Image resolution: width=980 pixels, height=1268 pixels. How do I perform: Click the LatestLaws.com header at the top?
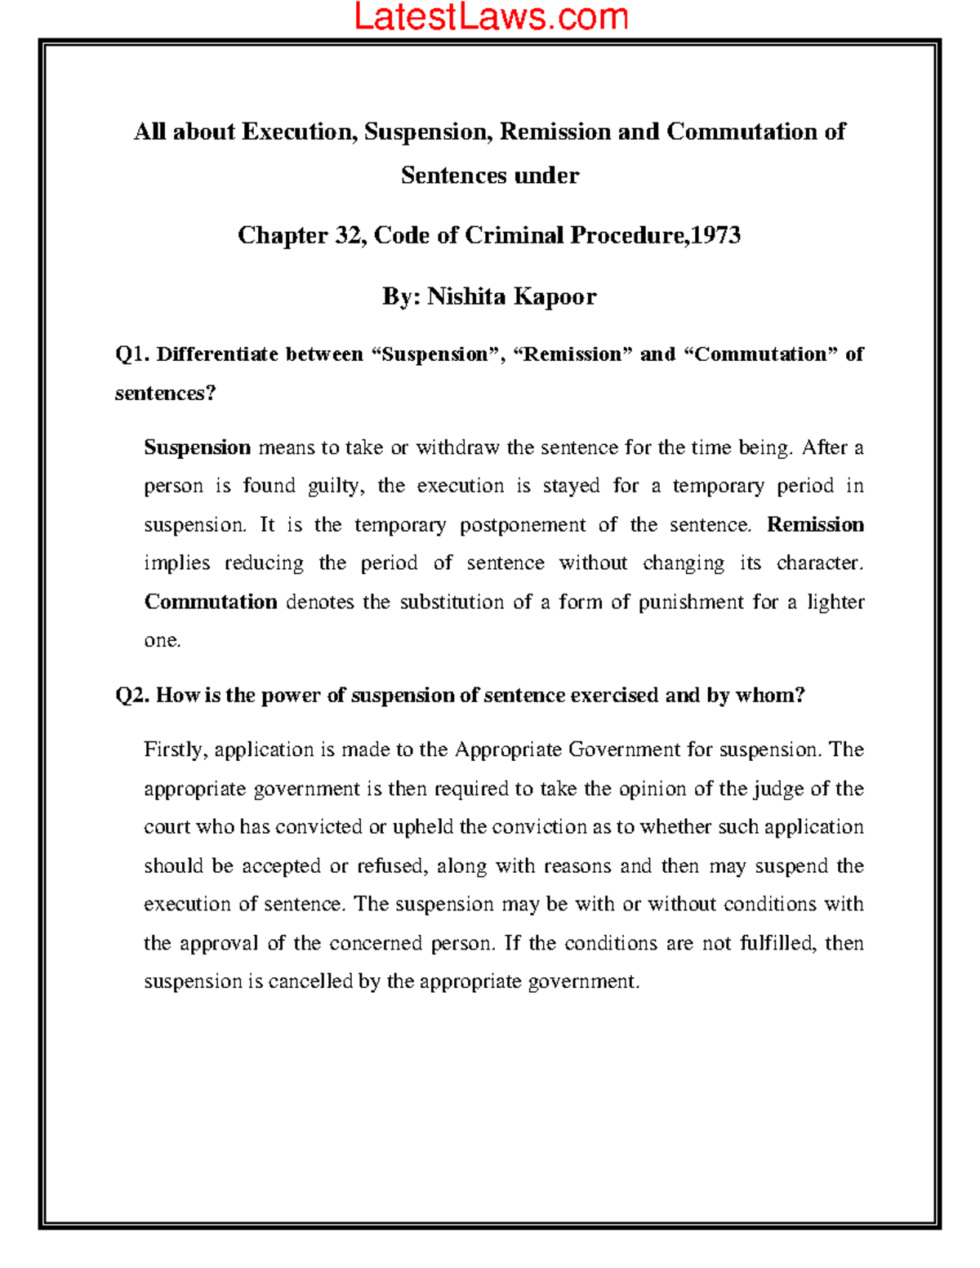pos(491,17)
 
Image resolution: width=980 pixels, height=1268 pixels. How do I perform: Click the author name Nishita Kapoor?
pos(512,296)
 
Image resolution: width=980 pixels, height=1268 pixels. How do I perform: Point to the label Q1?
pos(131,354)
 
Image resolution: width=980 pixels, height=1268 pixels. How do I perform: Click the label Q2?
pos(131,696)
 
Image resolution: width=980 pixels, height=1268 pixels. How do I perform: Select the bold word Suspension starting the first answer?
pos(197,447)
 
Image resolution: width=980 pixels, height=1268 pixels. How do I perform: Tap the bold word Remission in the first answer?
pos(815,525)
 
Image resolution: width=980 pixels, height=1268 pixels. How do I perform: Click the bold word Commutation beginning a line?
pos(211,602)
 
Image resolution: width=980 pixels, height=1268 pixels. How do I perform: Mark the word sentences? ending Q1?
pos(165,394)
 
